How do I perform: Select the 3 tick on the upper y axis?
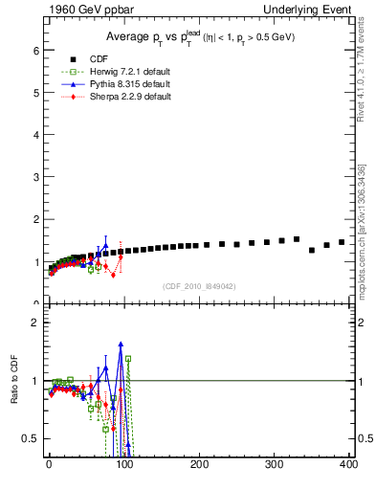(35, 176)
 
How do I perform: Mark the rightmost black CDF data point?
(342, 242)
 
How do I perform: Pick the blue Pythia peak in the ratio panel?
(121, 344)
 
